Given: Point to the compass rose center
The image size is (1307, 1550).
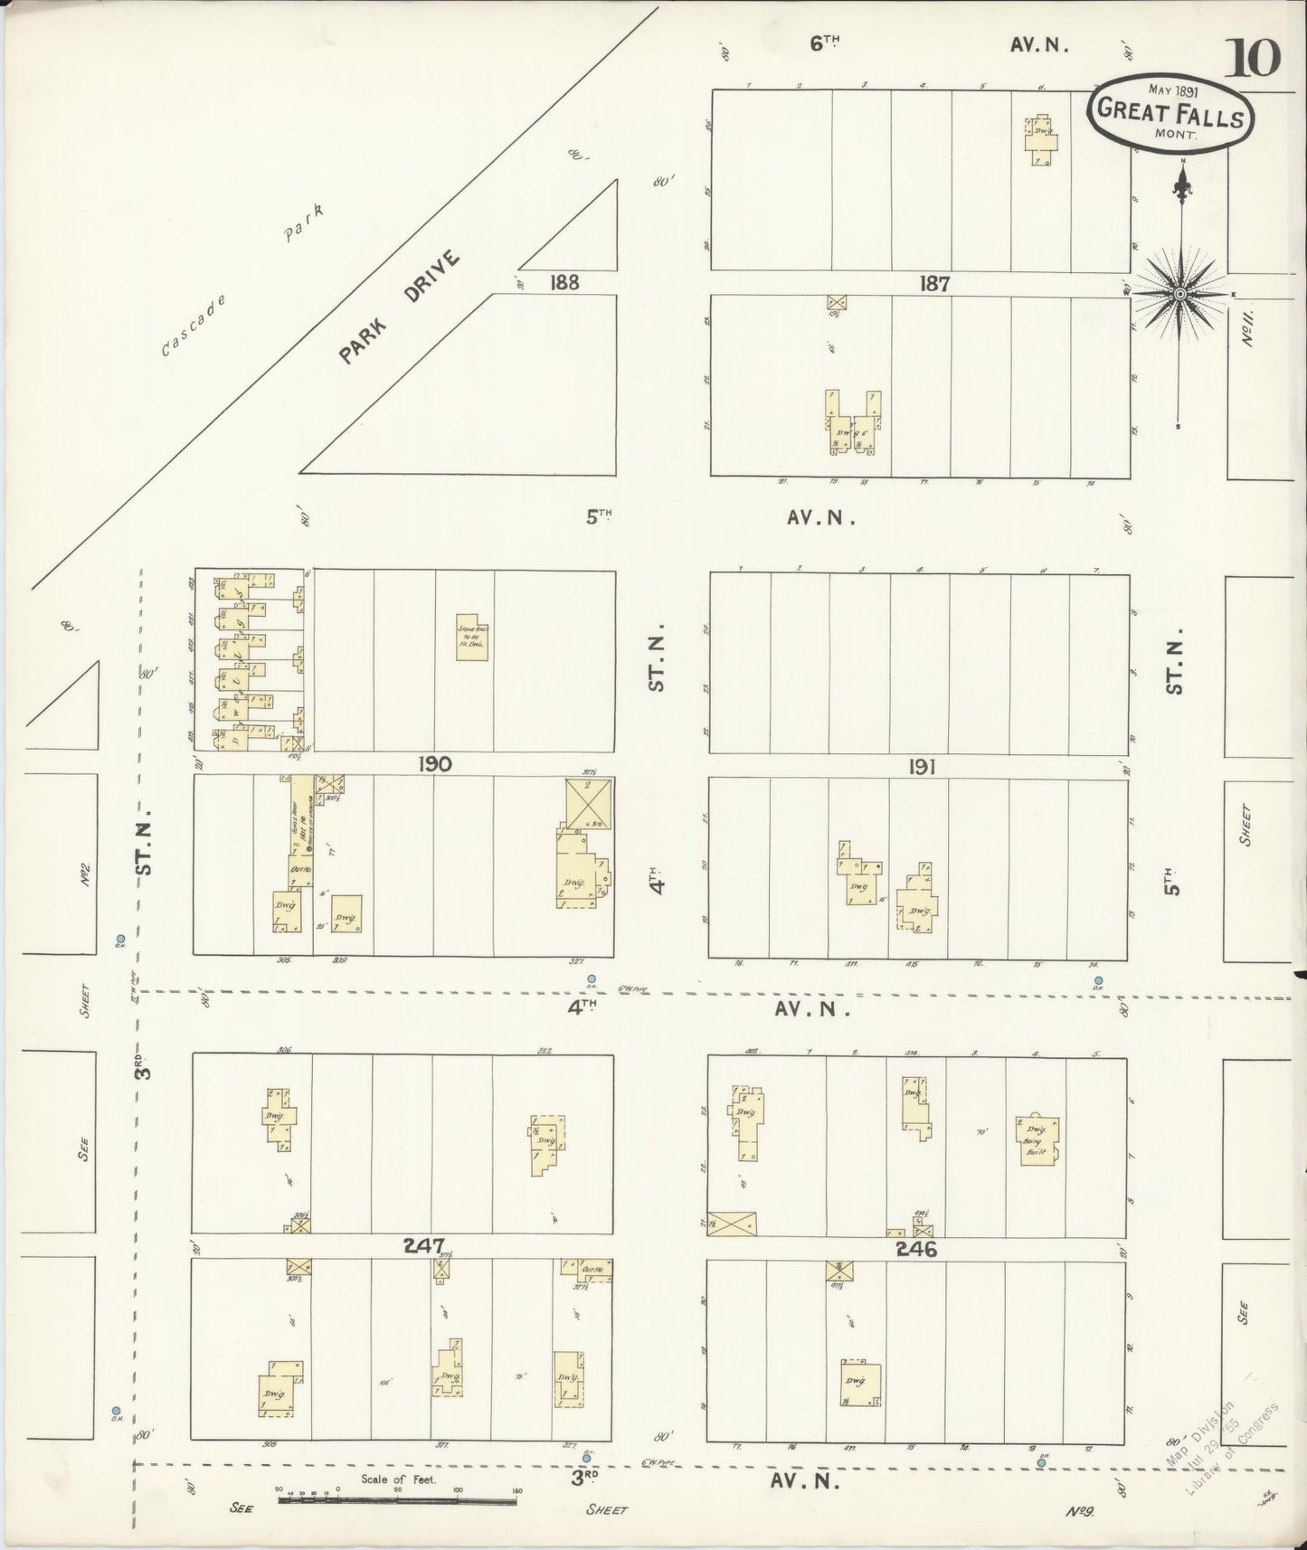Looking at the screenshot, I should click(1179, 294).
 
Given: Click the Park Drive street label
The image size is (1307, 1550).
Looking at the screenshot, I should click(399, 307).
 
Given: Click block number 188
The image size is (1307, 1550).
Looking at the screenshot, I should click(564, 283).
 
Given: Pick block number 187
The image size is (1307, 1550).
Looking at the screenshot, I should click(933, 284).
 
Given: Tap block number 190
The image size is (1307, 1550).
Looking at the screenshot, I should click(434, 764).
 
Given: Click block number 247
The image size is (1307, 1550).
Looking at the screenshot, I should click(425, 1245).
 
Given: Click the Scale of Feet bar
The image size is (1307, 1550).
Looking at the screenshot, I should click(397, 1498).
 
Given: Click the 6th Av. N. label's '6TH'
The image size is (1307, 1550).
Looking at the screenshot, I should click(825, 43).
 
